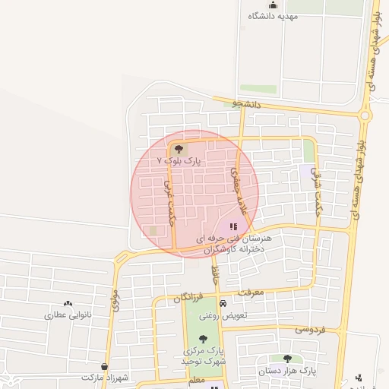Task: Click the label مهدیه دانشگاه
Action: coord(273,16)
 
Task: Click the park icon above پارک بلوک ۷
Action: coord(179,149)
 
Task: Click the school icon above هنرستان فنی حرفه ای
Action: coord(234,226)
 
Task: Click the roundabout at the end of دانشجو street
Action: coord(365,116)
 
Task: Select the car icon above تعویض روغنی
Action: coord(223,304)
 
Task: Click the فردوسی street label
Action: coord(310,330)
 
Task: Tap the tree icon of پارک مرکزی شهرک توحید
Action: coord(202,340)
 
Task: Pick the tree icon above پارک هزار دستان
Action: coord(288,359)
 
